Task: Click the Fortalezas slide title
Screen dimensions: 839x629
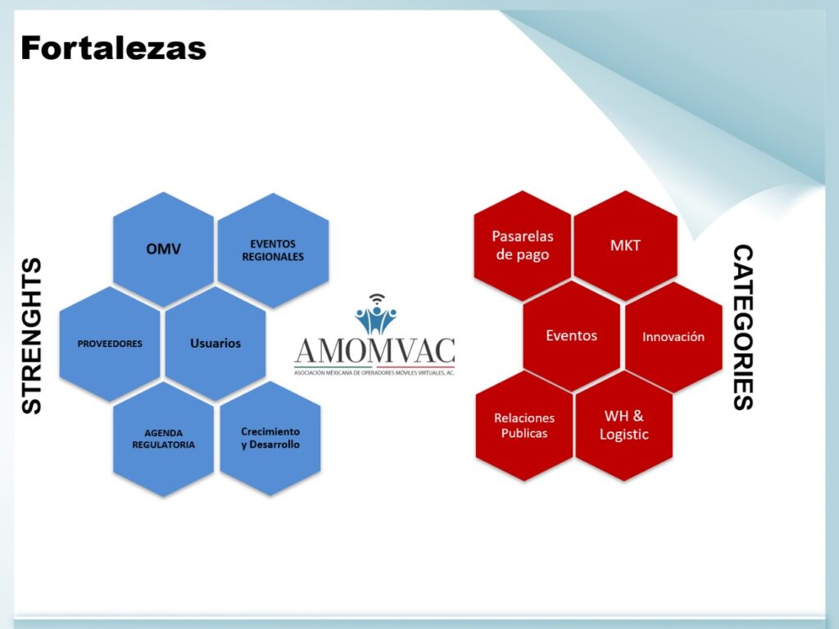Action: (x=113, y=48)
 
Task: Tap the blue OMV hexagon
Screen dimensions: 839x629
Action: (x=163, y=249)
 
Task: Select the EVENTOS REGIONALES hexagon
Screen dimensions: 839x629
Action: (x=273, y=250)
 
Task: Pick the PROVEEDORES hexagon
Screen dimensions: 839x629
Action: (x=110, y=344)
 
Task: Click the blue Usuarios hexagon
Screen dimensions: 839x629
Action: (x=215, y=344)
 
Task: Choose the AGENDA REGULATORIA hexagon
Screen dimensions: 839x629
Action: (x=163, y=439)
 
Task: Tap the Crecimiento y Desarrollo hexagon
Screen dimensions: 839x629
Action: (x=270, y=438)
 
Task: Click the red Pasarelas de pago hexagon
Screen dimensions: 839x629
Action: (x=523, y=245)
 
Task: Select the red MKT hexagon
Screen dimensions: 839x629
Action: (x=625, y=245)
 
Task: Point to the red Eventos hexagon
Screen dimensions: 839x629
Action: (x=571, y=336)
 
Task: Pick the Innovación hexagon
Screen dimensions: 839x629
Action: (x=673, y=337)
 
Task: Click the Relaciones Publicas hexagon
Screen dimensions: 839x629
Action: (x=524, y=426)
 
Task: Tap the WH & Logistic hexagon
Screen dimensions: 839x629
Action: (x=624, y=426)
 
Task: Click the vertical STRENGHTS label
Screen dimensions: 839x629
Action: (x=32, y=336)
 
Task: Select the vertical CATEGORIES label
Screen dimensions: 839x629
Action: (x=743, y=327)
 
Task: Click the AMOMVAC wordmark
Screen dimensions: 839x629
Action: (x=374, y=351)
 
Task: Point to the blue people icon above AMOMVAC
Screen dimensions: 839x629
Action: (x=376, y=319)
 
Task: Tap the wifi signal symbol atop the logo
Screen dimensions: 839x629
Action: (x=377, y=299)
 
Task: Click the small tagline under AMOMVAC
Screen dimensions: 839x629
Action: (x=374, y=372)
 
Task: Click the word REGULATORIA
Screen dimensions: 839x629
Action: (x=163, y=444)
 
